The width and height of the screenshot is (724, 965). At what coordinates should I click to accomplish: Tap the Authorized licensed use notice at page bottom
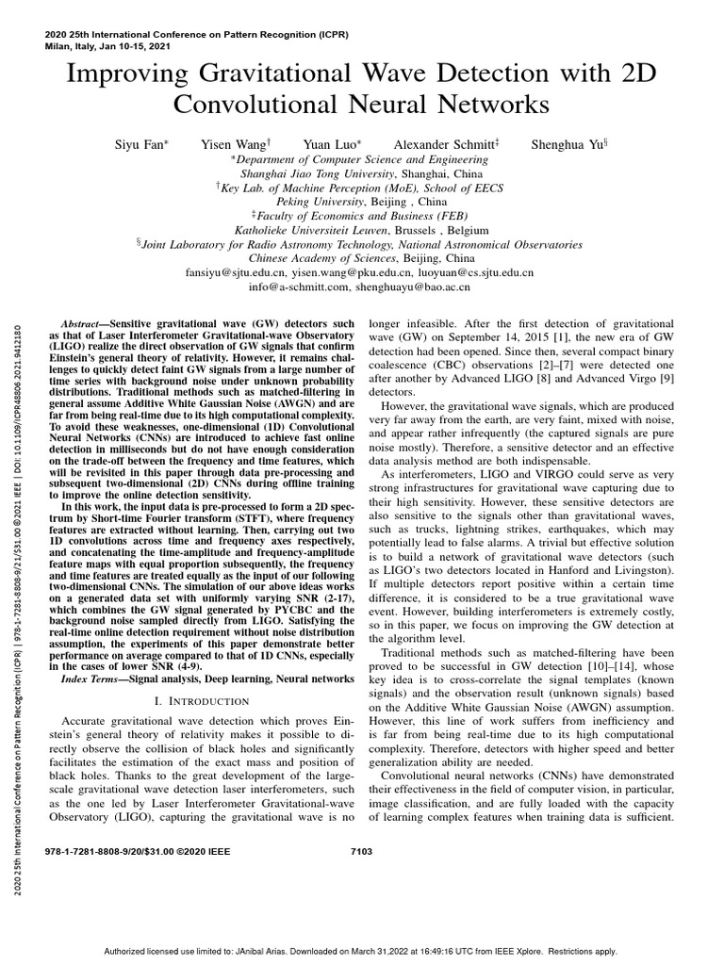coord(360,952)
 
